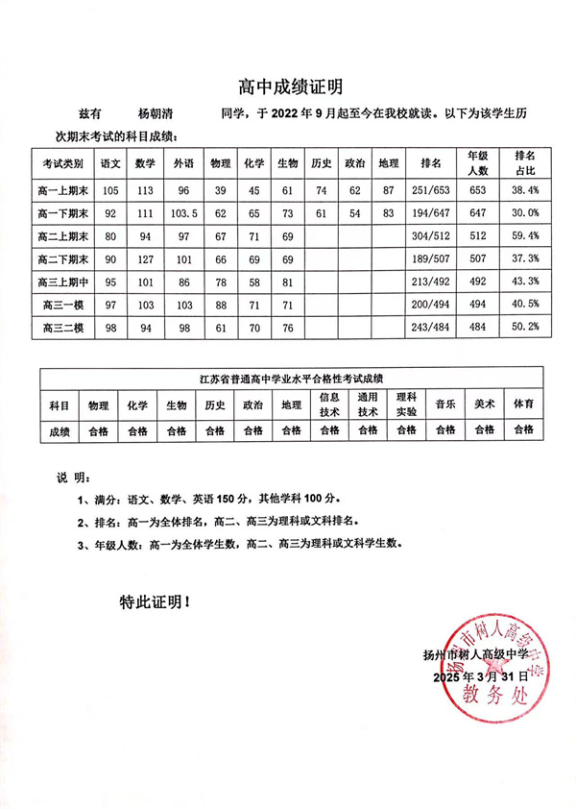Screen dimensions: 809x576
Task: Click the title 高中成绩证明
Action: [x=289, y=87]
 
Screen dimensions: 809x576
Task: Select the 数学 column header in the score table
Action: [x=145, y=162]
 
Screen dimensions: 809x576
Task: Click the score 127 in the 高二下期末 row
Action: [x=145, y=258]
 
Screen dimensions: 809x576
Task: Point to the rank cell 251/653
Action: [x=430, y=189]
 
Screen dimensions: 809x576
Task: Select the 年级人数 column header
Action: [x=478, y=162]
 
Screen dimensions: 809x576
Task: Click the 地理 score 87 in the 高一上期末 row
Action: [x=388, y=189]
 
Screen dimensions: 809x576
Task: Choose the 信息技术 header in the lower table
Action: [x=329, y=404]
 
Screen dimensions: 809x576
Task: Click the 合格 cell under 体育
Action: [x=524, y=430]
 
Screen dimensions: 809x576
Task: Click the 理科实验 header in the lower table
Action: [x=407, y=404]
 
